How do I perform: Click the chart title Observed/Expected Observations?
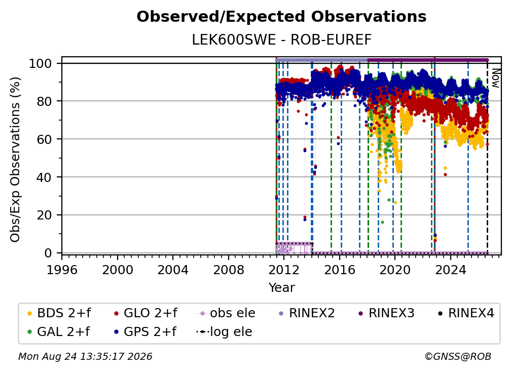tap(281, 17)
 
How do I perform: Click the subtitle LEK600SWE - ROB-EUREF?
tap(281, 40)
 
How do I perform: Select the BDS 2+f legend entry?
tap(59, 313)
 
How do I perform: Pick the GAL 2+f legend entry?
tap(59, 332)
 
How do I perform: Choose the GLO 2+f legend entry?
tap(145, 313)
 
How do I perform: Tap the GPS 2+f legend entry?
tap(145, 332)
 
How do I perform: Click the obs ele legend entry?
tap(226, 313)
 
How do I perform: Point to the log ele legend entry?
tap(224, 332)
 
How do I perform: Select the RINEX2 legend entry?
tap(307, 313)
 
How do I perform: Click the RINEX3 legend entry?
tap(386, 313)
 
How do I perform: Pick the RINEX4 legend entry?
tap(466, 313)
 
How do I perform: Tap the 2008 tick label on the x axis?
tap(229, 270)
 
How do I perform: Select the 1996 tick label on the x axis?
tap(62, 270)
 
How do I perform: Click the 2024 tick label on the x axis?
tap(450, 270)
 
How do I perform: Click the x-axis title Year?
tap(281, 288)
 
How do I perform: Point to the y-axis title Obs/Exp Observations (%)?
tap(15, 160)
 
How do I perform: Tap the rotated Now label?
tap(495, 78)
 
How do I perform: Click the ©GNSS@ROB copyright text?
tap(458, 357)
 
